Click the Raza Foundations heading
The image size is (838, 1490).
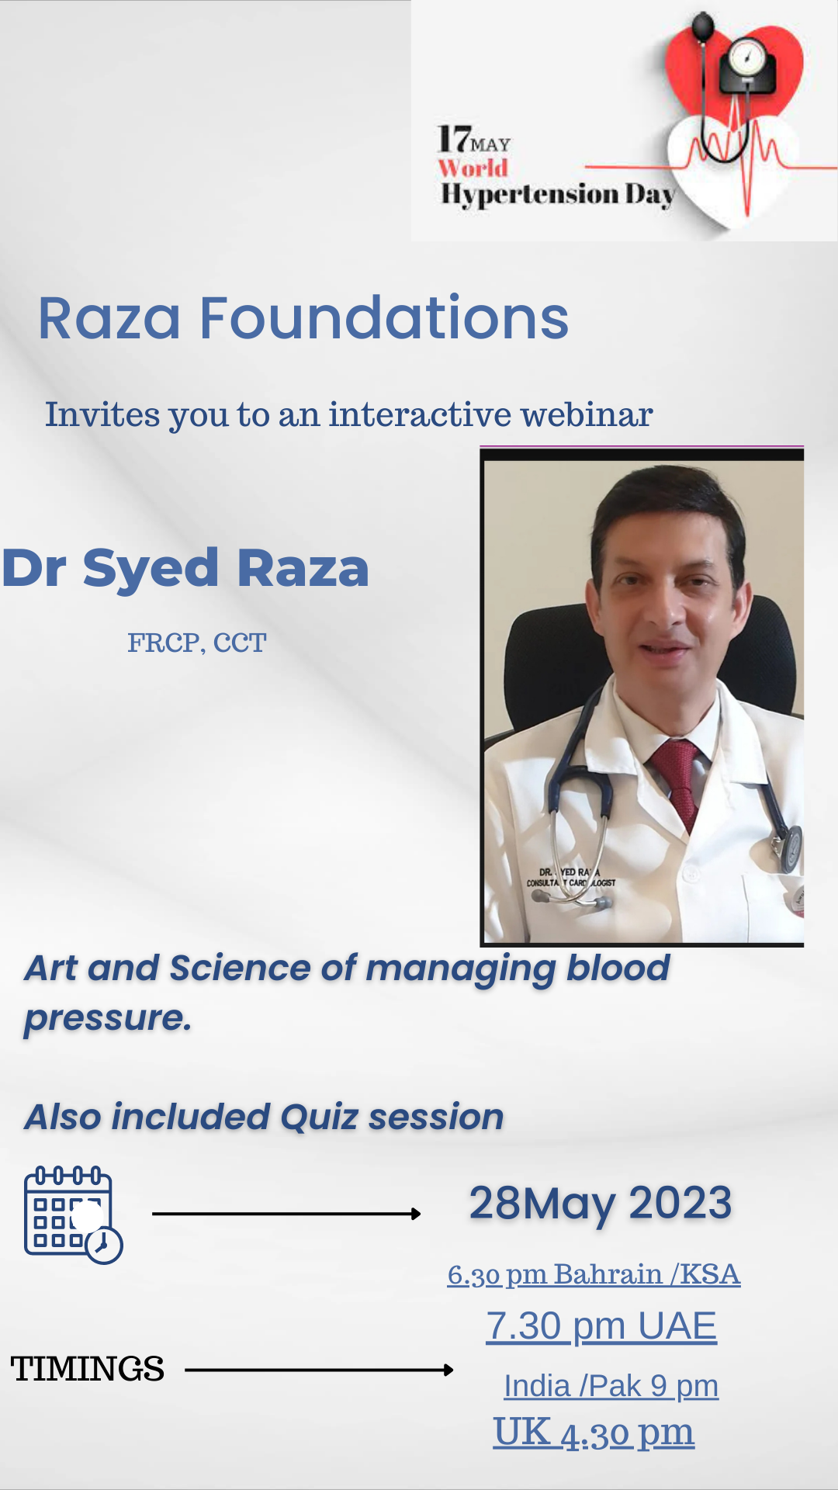tap(303, 317)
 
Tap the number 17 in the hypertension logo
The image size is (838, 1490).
tap(454, 140)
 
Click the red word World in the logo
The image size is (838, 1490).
tap(473, 168)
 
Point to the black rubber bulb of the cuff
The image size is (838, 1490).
tap(702, 29)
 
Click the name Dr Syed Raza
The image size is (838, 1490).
tap(185, 567)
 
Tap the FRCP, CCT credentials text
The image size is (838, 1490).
tap(196, 643)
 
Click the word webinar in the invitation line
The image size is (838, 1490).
tap(587, 414)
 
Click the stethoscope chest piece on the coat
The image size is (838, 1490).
tap(789, 847)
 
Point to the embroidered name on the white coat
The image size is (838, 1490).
tap(571, 877)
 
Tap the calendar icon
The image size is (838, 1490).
tap(73, 1215)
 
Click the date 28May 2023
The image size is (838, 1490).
tap(601, 1203)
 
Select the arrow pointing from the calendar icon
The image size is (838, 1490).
tap(286, 1214)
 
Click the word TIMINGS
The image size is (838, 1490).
tap(87, 1369)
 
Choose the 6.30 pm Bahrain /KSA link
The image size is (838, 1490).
tap(594, 1274)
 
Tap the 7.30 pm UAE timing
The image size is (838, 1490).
tap(601, 1325)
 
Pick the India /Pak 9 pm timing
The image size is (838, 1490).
tap(611, 1385)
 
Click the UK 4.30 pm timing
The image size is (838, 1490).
tap(594, 1433)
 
